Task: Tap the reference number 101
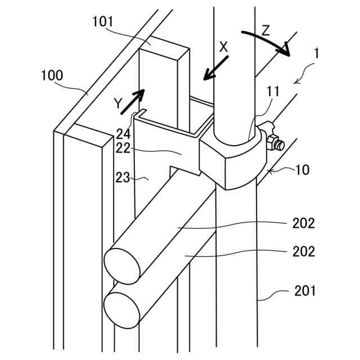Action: pyautogui.click(x=102, y=22)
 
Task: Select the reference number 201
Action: pyautogui.click(x=304, y=291)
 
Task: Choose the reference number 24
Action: pyautogui.click(x=123, y=133)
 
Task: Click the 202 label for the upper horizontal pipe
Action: pyautogui.click(x=303, y=223)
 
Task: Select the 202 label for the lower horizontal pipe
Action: pyautogui.click(x=303, y=251)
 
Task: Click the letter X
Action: pyautogui.click(x=223, y=47)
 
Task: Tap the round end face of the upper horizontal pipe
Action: pyautogui.click(x=123, y=264)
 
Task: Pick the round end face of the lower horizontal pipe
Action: pyautogui.click(x=121, y=309)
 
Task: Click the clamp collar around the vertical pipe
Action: pyautogui.click(x=233, y=160)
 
